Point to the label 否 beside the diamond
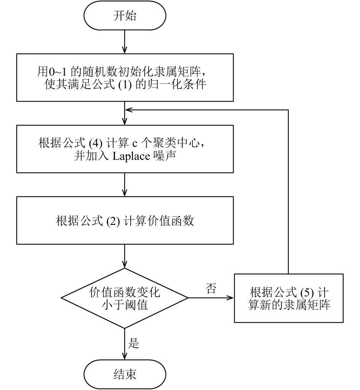click(211, 288)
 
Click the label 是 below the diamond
click(133, 343)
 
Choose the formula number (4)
click(96, 144)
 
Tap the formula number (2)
click(113, 221)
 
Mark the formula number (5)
click(307, 293)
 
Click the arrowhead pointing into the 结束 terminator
click(125, 356)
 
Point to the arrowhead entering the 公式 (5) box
click(230, 298)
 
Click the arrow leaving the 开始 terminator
click(125, 42)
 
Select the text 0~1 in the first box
click(58, 72)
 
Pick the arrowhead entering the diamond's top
click(125, 264)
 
